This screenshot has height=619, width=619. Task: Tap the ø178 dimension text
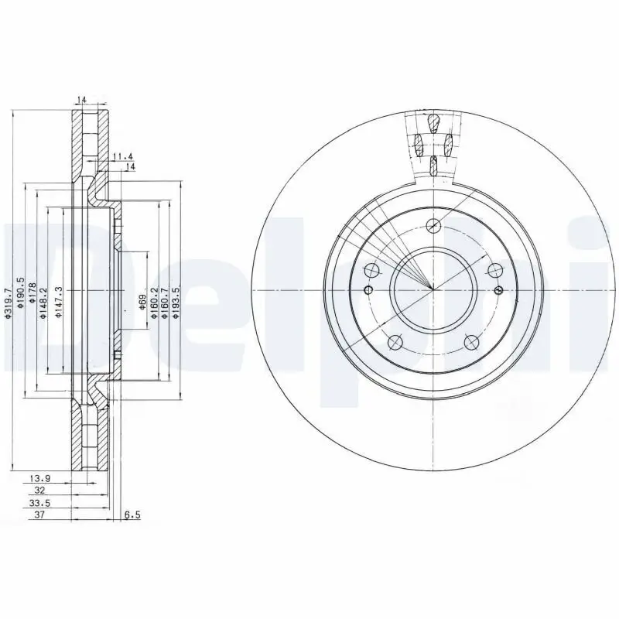point(32,297)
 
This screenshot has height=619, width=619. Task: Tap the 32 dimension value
point(39,491)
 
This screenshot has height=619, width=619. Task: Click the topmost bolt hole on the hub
point(433,225)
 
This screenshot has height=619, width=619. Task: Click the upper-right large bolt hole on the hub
point(494,270)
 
